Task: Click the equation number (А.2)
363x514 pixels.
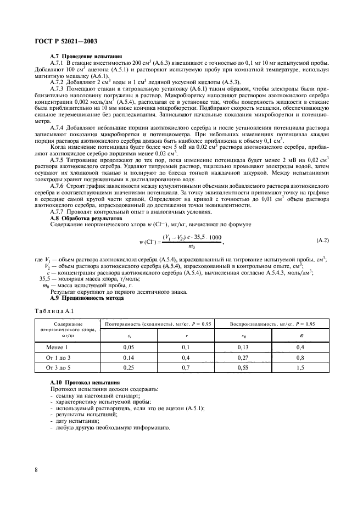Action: click(323, 241)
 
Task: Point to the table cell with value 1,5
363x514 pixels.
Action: click(300, 367)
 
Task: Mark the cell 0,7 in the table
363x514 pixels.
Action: click(186, 367)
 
